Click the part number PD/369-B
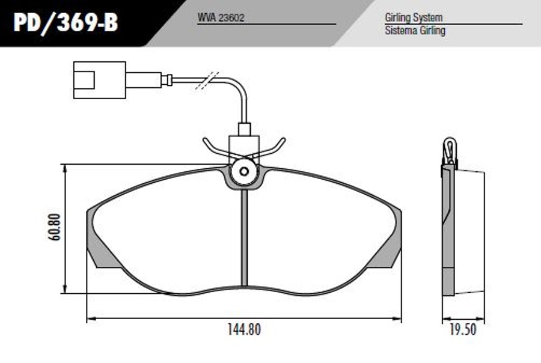pos(66,23)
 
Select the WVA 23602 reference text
pos(221,17)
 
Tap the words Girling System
pos(414,17)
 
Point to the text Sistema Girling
pos(415,31)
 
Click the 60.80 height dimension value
pos(55,227)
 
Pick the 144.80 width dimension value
pos(244,329)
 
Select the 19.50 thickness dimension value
pos(463,329)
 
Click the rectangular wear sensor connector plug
pos(100,80)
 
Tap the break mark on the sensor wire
pos(207,81)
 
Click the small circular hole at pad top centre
pos(244,171)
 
